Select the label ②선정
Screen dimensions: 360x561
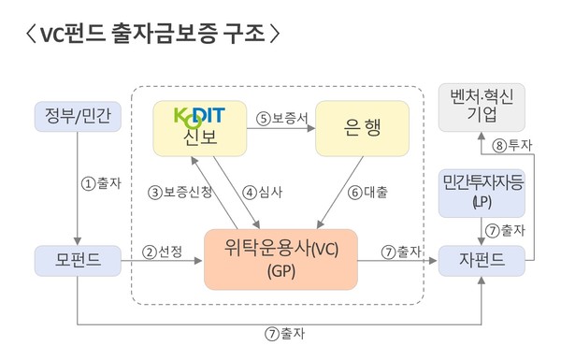(x=162, y=251)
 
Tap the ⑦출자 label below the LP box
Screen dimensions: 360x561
(x=505, y=229)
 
